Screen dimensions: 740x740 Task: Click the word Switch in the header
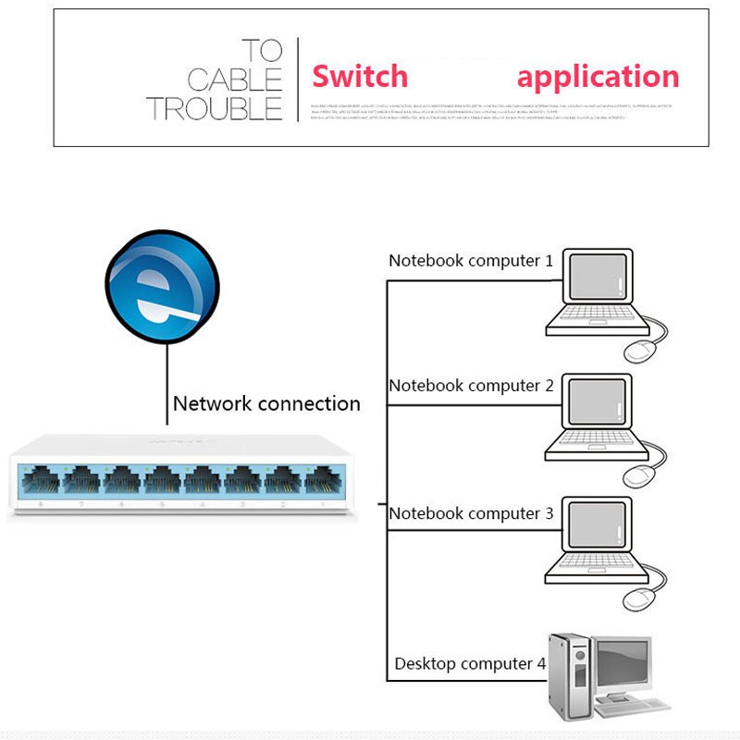coord(359,76)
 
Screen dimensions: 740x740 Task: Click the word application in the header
coord(598,76)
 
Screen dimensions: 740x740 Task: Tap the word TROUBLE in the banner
coord(214,108)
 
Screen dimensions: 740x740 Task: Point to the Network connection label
coord(266,403)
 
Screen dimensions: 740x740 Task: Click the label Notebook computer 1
coord(470,261)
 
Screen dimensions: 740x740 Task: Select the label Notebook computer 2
coord(470,386)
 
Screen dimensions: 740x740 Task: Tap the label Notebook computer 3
coord(470,513)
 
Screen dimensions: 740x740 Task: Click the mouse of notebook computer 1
coord(639,351)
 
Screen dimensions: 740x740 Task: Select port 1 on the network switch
coord(322,480)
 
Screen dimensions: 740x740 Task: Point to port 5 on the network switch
coord(161,480)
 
